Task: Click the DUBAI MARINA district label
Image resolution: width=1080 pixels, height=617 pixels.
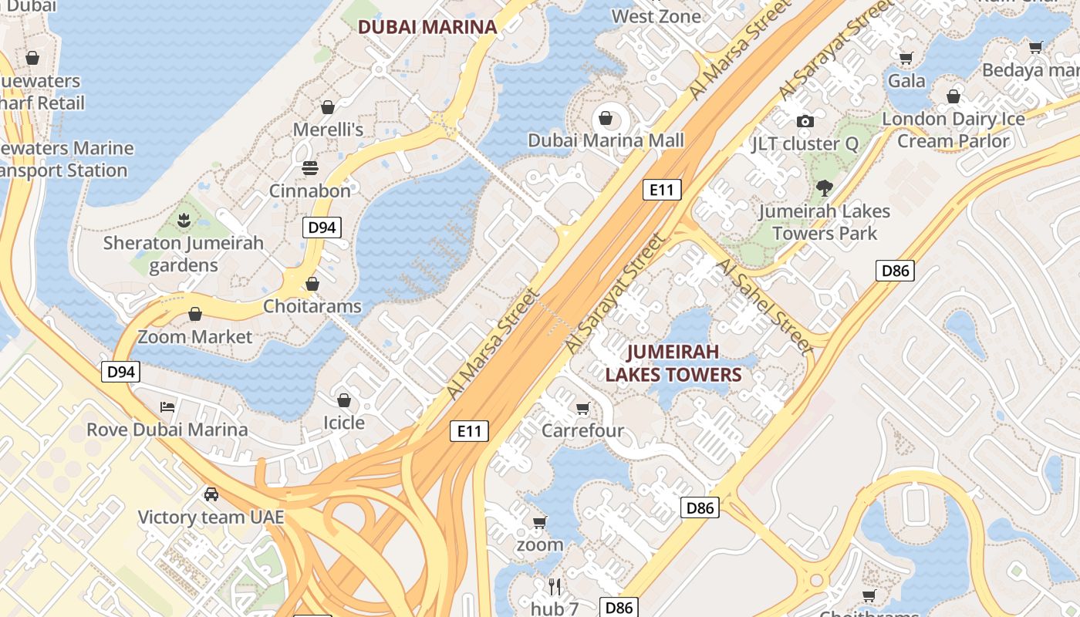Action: tap(427, 27)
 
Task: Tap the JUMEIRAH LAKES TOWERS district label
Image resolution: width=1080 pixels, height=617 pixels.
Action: tap(673, 363)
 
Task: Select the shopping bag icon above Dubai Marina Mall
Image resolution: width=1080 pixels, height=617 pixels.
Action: tap(606, 118)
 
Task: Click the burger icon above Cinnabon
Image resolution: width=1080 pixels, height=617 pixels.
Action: tap(310, 168)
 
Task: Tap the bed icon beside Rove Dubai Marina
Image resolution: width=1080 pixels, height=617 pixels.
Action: tap(167, 406)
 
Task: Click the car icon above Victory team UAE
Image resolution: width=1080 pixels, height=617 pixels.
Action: tap(211, 494)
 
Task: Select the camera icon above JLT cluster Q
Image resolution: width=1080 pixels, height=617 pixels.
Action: tap(805, 121)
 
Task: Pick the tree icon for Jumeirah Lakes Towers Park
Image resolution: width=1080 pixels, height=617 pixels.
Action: tap(825, 187)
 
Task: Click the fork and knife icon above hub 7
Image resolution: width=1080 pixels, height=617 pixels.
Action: tap(554, 586)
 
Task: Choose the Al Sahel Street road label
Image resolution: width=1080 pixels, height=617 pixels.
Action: tap(764, 306)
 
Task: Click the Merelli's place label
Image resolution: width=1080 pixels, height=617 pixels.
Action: tap(328, 130)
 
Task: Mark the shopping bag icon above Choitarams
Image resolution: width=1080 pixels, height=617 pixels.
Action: tap(312, 284)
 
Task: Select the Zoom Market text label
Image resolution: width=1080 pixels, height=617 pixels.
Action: tap(194, 337)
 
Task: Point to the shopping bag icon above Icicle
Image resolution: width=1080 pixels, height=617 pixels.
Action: tap(344, 400)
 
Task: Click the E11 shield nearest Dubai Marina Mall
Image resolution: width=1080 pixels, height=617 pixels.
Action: tap(662, 190)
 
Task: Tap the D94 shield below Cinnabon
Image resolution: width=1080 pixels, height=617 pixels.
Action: tap(322, 228)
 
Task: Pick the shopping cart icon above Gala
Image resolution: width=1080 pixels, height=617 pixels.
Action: tap(906, 58)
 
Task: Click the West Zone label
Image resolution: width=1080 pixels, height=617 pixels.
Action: tap(656, 16)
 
